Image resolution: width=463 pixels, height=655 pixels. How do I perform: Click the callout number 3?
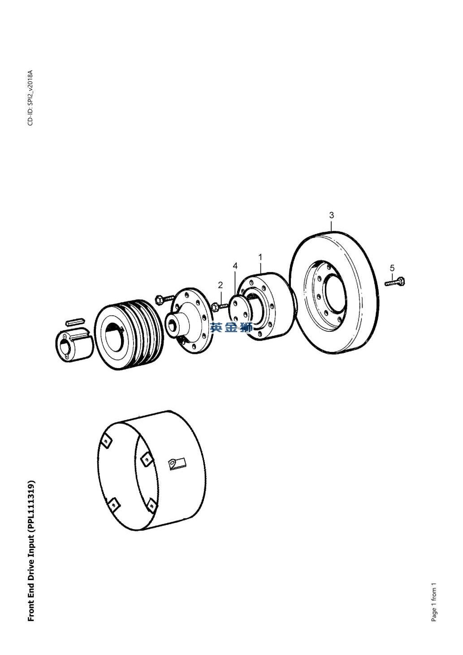[331, 215]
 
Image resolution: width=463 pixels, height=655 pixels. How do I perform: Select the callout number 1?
[260, 257]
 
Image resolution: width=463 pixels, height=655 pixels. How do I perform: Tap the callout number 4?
[235, 266]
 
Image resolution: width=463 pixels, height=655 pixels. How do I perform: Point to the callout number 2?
[221, 285]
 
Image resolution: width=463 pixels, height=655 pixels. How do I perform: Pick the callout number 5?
[392, 268]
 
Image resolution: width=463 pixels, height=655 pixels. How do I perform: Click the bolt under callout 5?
[395, 282]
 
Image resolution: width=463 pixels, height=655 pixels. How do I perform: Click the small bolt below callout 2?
[220, 306]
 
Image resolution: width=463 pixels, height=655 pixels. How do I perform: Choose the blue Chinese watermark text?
[231, 327]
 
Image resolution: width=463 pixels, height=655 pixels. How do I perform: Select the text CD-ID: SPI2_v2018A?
[30, 98]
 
